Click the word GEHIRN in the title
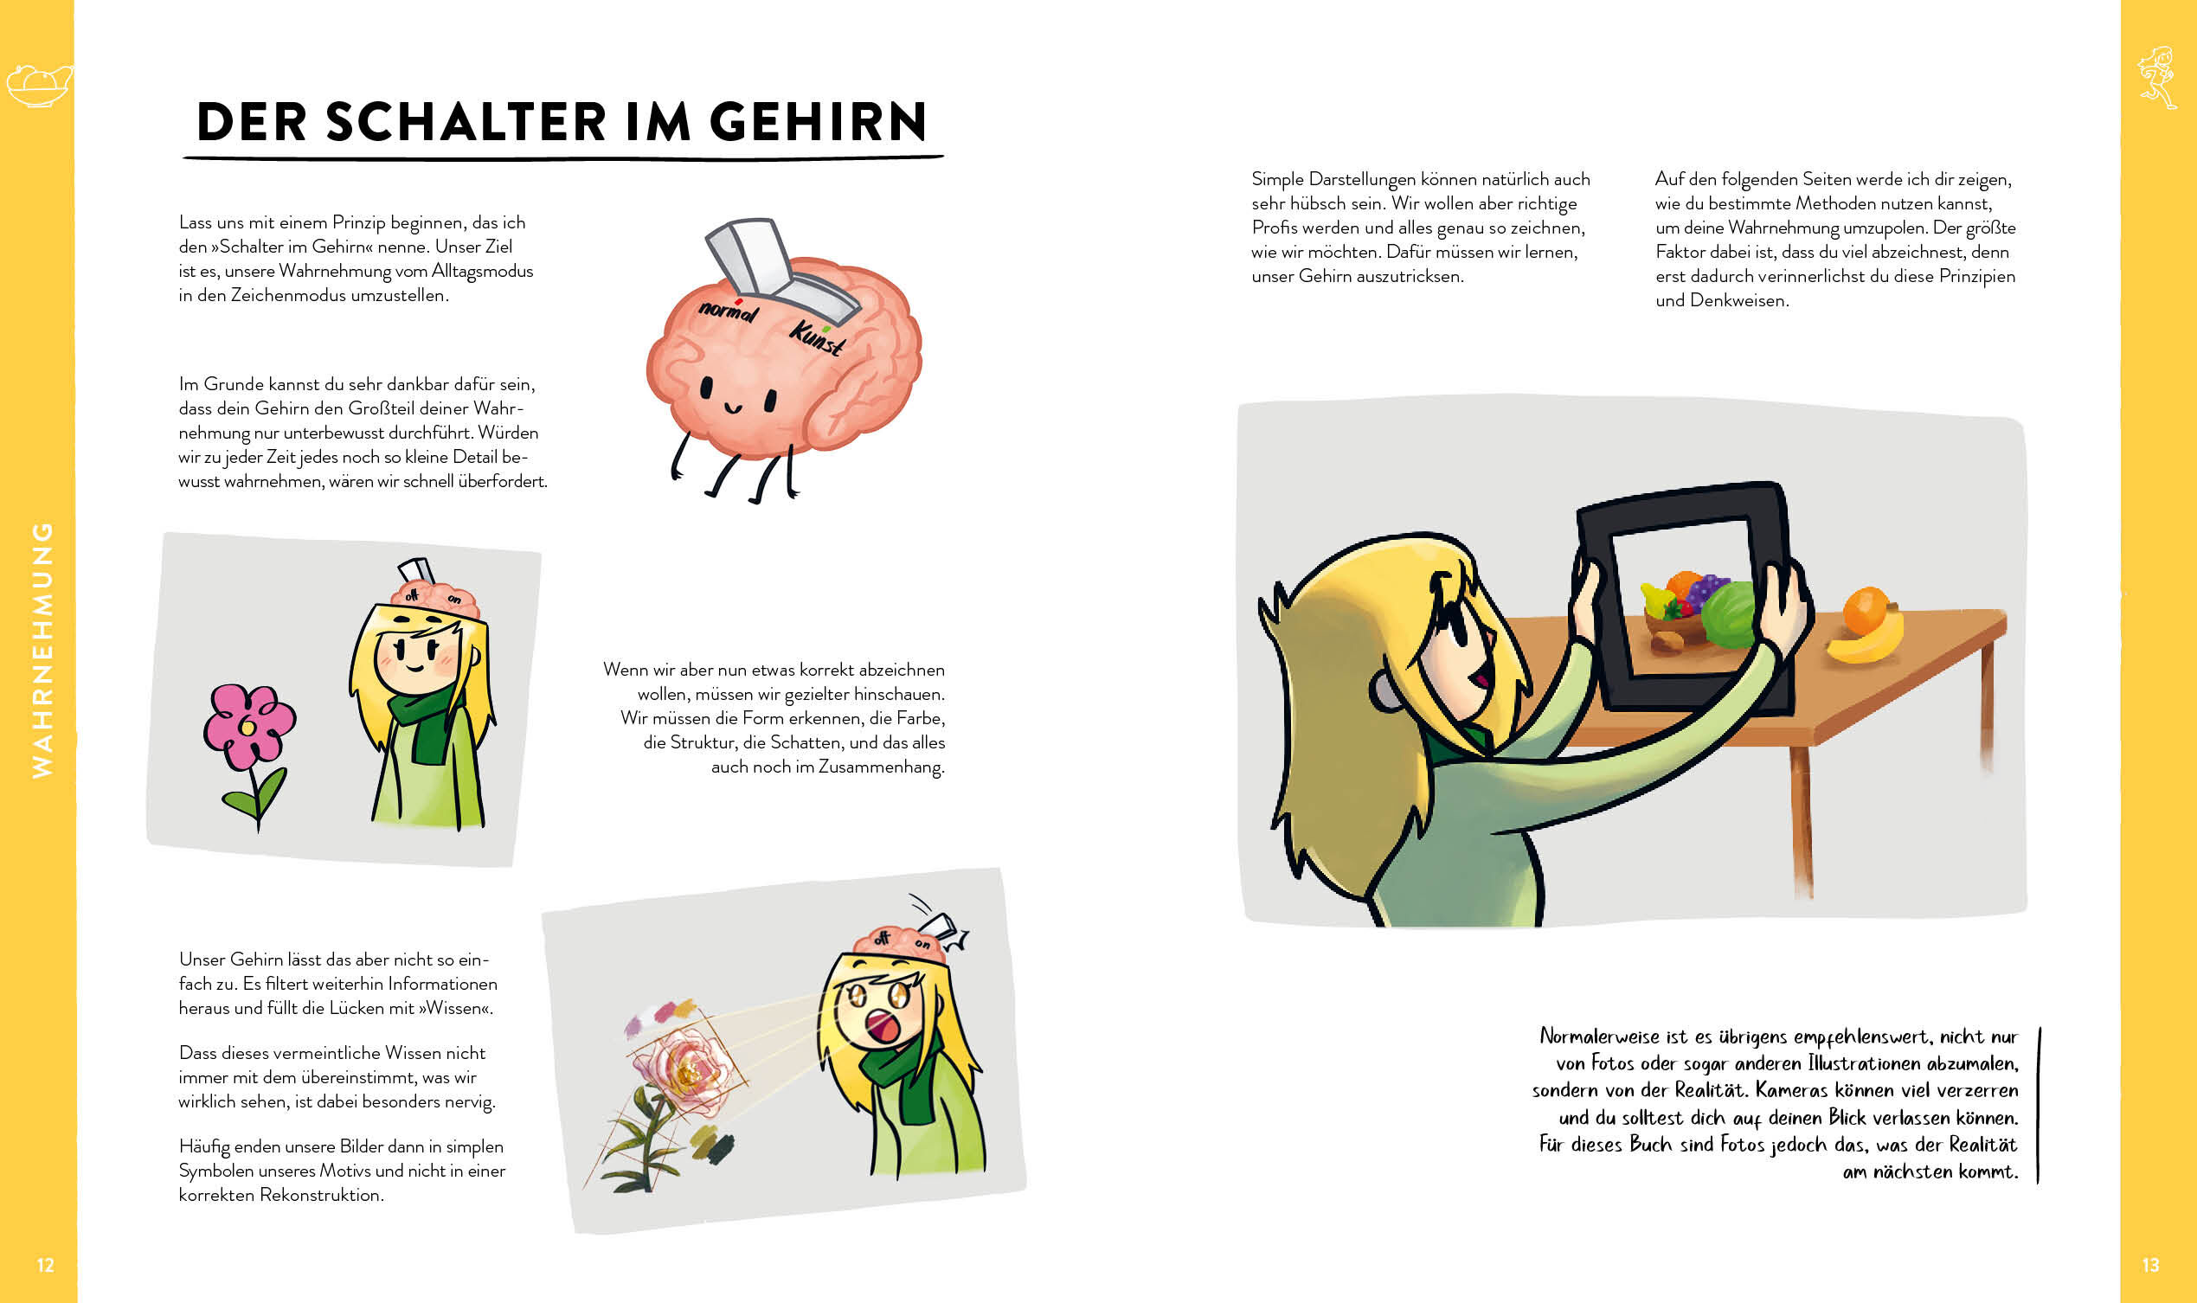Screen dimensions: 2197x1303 pyautogui.click(x=818, y=121)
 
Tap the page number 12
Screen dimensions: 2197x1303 pyautogui.click(x=46, y=1265)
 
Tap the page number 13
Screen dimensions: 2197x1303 pyautogui.click(x=2150, y=1265)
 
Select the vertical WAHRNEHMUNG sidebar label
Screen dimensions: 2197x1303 pyautogui.click(x=42, y=650)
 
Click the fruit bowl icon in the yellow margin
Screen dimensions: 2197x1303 pyautogui.click(x=38, y=86)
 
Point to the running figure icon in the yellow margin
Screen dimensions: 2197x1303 pyautogui.click(x=2156, y=77)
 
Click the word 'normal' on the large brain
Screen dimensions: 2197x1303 pyautogui.click(x=728, y=310)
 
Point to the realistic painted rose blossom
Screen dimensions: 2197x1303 pyautogui.click(x=691, y=1070)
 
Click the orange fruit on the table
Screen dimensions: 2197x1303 pyautogui.click(x=1865, y=611)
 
